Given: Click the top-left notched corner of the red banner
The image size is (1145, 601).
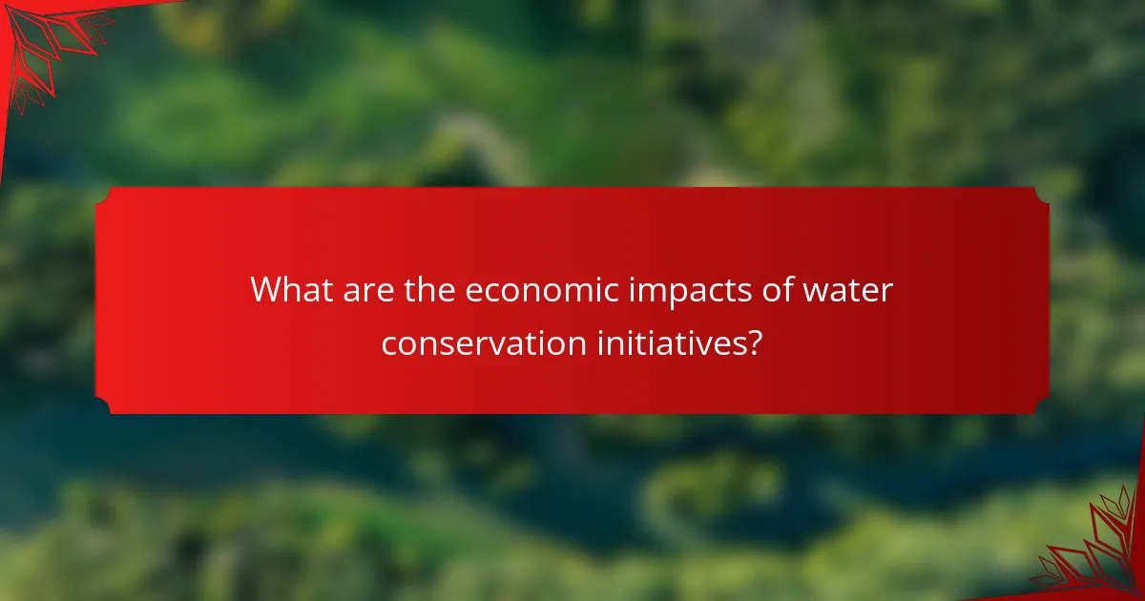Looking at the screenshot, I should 103,195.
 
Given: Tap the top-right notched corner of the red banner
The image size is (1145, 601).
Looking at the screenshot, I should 1042,195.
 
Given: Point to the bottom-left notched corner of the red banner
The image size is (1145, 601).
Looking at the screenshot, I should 103,406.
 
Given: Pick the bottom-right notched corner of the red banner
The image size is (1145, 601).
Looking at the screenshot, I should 1042,406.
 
